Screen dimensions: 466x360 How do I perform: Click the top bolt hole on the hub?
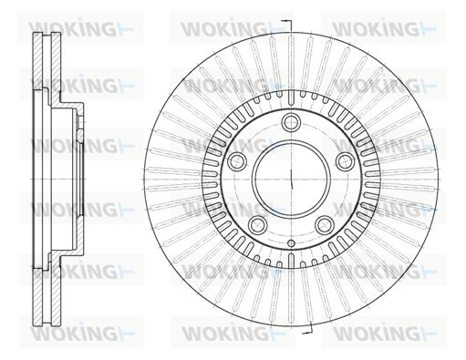coord(291,122)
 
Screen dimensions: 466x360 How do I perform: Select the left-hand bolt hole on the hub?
coord(237,161)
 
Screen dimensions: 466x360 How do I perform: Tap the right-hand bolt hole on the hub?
coord(345,161)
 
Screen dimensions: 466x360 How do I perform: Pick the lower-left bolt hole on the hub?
coord(258,224)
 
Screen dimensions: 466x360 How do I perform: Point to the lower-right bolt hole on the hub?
coord(325,224)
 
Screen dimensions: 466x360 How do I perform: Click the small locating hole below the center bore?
coord(291,243)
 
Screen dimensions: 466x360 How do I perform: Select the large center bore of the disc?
coord(291,180)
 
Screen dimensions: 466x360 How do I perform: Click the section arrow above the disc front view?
coord(286,26)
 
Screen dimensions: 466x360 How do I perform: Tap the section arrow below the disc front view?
coord(307,328)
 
